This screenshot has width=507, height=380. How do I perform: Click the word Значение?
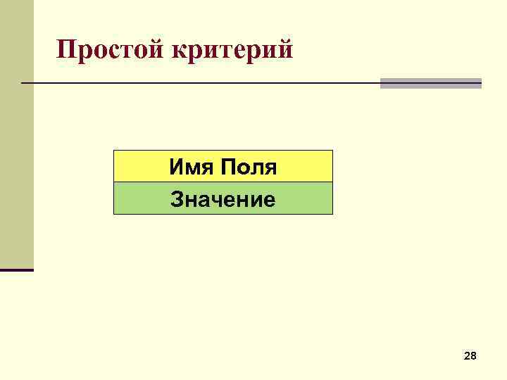click(x=223, y=200)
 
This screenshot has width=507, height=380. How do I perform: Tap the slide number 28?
click(x=470, y=357)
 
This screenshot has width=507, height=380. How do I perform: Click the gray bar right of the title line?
click(x=430, y=83)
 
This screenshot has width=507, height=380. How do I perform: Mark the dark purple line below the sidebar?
click(x=16, y=270)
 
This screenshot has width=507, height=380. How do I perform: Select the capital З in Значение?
click(x=177, y=200)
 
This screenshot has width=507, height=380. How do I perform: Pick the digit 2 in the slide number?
click(x=467, y=357)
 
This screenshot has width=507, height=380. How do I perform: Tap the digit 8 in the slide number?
click(x=474, y=357)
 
